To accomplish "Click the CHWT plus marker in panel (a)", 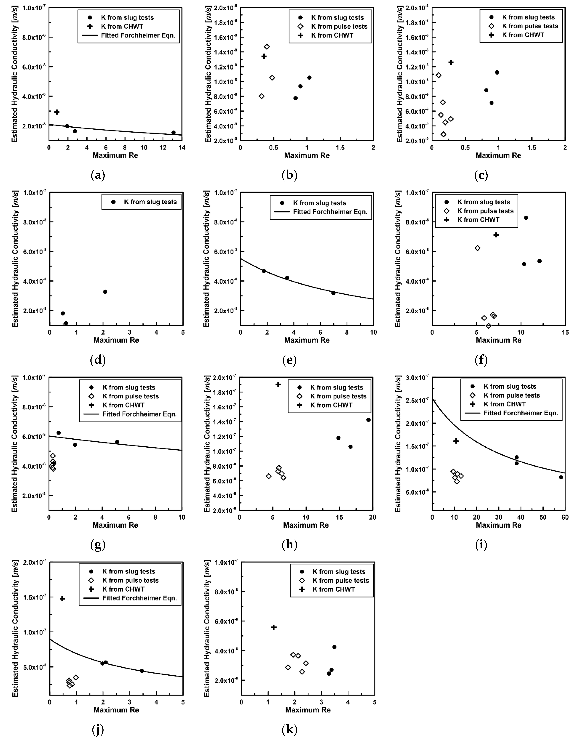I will [x=57, y=112].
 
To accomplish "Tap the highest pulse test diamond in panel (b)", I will [x=267, y=47].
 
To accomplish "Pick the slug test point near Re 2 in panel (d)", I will [x=105, y=292].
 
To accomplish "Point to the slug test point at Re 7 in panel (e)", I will [x=333, y=293].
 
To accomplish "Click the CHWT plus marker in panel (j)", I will [x=62, y=599].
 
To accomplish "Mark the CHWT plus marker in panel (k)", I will [x=274, y=627].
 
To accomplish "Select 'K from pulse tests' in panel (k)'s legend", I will [x=341, y=580].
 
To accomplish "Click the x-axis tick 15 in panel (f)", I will [x=565, y=333].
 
